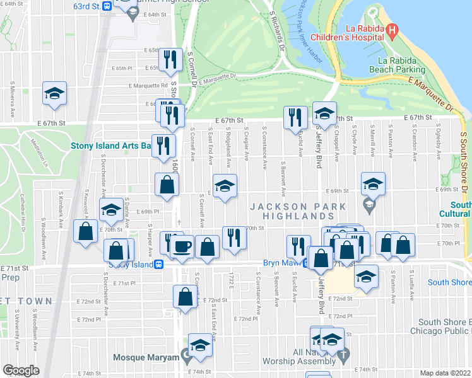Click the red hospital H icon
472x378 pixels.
pyautogui.click(x=392, y=30)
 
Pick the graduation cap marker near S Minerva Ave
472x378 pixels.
pyautogui.click(x=55, y=93)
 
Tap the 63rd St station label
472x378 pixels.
pyautogui.click(x=87, y=6)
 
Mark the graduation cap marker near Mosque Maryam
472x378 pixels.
pyautogui.click(x=200, y=345)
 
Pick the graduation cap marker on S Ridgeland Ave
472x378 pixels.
pyautogui.click(x=225, y=186)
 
